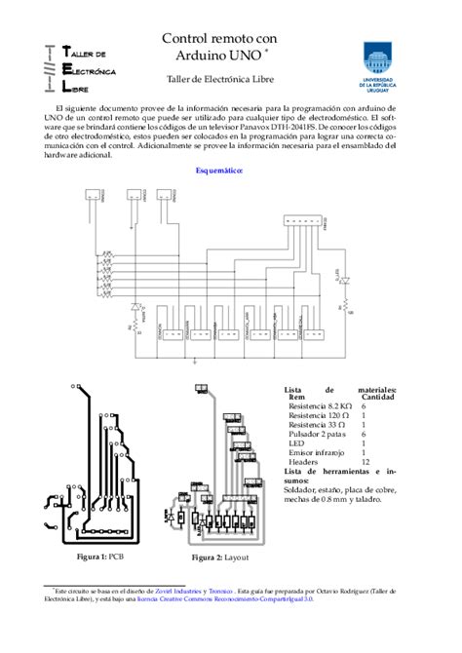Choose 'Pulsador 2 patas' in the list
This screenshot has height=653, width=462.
click(319, 433)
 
